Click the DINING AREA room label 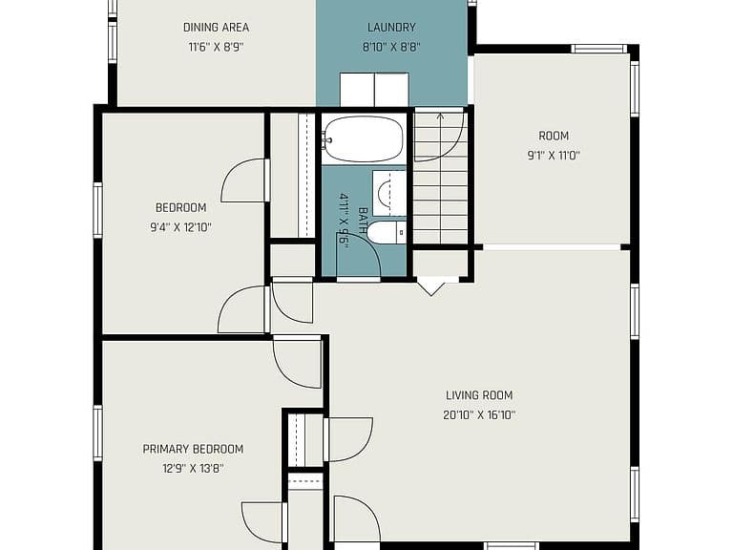tap(216, 27)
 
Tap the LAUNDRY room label tap(391, 27)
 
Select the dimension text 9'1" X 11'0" tap(554, 156)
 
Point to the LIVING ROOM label tap(479, 395)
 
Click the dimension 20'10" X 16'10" tap(479, 414)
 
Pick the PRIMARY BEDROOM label tap(193, 449)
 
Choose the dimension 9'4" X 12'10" tap(181, 228)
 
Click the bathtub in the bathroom tap(363, 138)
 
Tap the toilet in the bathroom tap(387, 232)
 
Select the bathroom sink tap(389, 193)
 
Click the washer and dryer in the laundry tap(374, 90)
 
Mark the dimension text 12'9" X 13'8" tap(193, 469)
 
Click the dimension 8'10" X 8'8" tap(391, 47)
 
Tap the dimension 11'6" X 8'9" tap(216, 47)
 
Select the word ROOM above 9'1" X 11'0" tap(554, 136)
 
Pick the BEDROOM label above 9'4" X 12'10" tap(181, 207)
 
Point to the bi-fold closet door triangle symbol tap(431, 286)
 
